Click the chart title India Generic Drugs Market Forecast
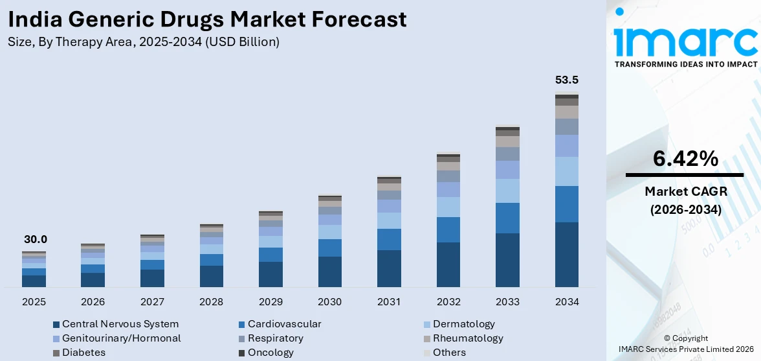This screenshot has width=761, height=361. (x=208, y=19)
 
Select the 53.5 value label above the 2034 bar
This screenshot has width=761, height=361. (x=566, y=80)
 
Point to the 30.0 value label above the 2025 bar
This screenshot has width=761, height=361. (x=36, y=239)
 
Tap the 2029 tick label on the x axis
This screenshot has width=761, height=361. (x=270, y=302)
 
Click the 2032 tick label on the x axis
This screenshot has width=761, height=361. (x=448, y=302)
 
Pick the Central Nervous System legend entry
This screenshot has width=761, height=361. (x=120, y=324)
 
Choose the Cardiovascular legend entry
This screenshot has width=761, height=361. (x=284, y=324)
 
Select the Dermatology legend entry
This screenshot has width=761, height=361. (x=463, y=324)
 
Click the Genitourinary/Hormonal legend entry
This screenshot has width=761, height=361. (x=121, y=338)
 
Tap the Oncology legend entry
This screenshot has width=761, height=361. (x=270, y=353)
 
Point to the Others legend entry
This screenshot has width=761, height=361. (x=449, y=353)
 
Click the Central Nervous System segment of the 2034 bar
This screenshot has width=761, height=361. (x=566, y=254)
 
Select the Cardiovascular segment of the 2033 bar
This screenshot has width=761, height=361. (x=507, y=218)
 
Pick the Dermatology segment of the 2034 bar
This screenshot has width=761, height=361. (x=566, y=171)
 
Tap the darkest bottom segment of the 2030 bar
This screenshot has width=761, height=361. (x=329, y=272)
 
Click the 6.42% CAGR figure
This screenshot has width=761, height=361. (x=685, y=159)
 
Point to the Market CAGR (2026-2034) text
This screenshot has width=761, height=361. (x=685, y=200)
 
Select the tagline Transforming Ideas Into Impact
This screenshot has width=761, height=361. (x=685, y=64)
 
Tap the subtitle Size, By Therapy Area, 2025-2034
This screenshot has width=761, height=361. (x=144, y=42)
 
